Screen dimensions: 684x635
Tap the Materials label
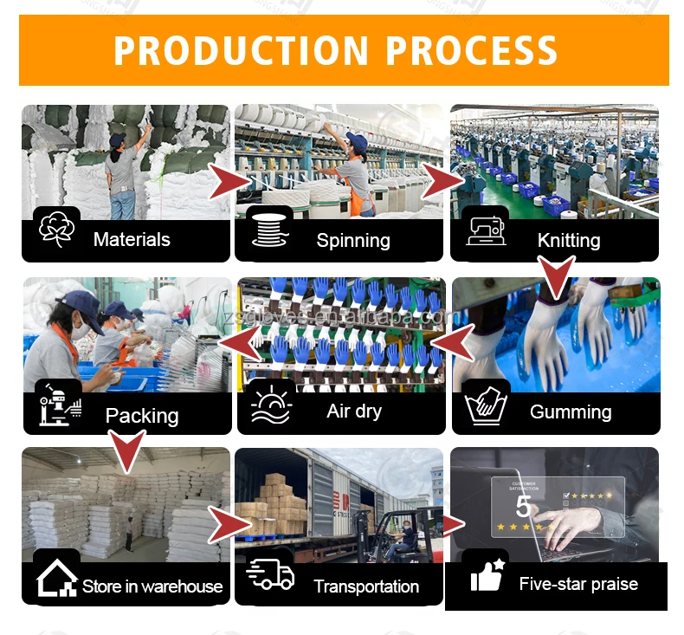click(132, 240)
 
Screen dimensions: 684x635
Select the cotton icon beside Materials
click(57, 230)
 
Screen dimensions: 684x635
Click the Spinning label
click(352, 241)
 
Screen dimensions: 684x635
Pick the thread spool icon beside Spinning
click(269, 231)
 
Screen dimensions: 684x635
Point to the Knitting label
click(569, 240)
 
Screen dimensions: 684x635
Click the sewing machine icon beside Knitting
click(486, 230)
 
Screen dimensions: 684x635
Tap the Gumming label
click(571, 411)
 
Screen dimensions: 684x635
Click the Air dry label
click(354, 411)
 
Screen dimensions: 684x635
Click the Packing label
click(142, 415)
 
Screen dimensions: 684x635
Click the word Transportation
click(366, 586)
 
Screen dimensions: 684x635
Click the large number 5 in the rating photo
click(523, 505)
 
